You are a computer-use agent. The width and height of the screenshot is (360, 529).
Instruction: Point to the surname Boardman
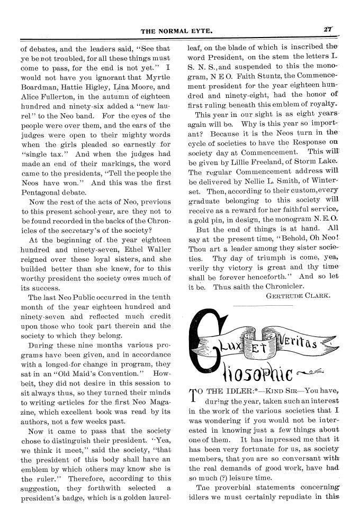(x=41, y=87)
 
